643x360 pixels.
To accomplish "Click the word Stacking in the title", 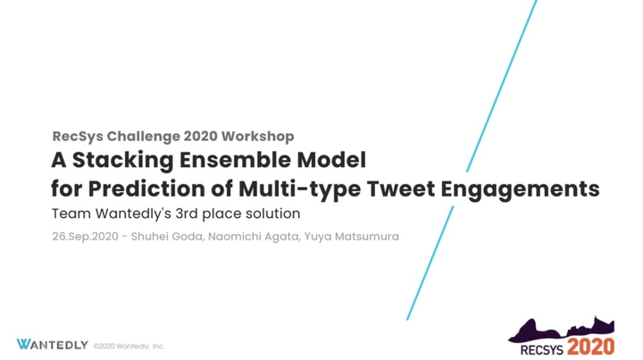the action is pyautogui.click(x=122, y=160).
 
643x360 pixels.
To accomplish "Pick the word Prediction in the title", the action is pyautogui.click(x=146, y=188).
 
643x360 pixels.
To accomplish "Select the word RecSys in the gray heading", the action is pyautogui.click(x=78, y=137).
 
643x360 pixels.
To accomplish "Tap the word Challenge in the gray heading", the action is pyautogui.click(x=144, y=137).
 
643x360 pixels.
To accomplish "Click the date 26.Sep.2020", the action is pyautogui.click(x=86, y=237).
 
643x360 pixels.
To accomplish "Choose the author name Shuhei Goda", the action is pyautogui.click(x=167, y=237).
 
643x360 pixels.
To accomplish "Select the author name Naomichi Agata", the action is pyautogui.click(x=254, y=237).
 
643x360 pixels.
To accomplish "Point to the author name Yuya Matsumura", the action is pyautogui.click(x=352, y=237).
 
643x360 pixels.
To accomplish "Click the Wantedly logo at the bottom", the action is pyautogui.click(x=52, y=345).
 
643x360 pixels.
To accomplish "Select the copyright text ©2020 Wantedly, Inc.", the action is pyautogui.click(x=129, y=346).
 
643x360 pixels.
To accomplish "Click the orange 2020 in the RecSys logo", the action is pyautogui.click(x=590, y=347).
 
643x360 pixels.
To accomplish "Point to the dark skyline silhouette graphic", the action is pyautogui.click(x=562, y=331).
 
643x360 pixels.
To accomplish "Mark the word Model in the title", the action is pyautogui.click(x=331, y=160).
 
